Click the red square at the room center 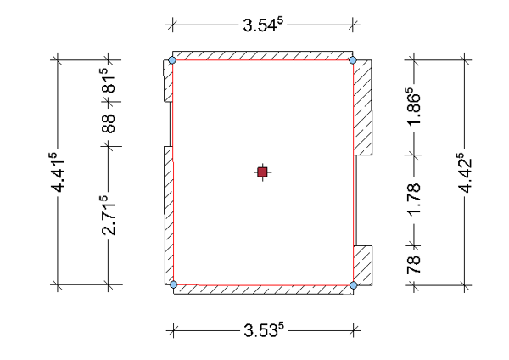click(262, 172)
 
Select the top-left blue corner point click(172, 60)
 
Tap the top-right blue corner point click(353, 60)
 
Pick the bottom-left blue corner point click(174, 284)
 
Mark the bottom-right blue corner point click(354, 285)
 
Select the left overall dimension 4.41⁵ click(58, 172)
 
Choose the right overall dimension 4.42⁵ click(465, 172)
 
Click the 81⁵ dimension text click(109, 81)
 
